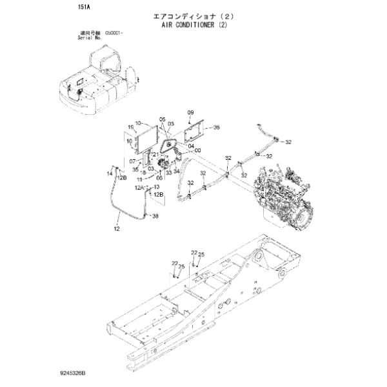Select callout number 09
(190, 114)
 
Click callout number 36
(217, 127)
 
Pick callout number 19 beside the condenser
(130, 127)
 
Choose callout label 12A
(139, 187)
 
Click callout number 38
(155, 216)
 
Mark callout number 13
(156, 186)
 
